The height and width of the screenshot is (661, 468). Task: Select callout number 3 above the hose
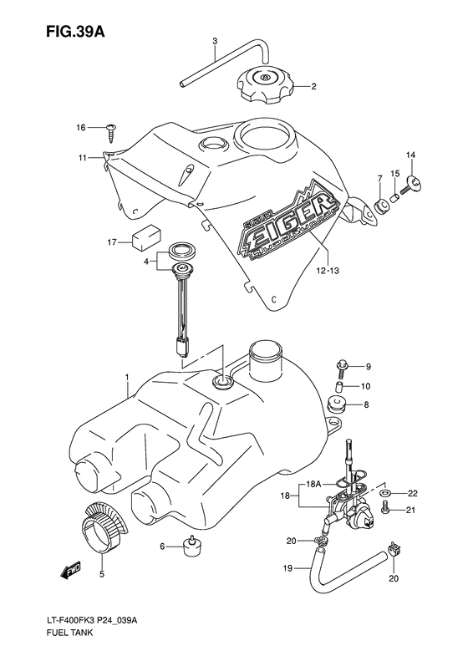coord(214,41)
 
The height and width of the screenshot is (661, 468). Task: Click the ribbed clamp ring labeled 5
coord(104,531)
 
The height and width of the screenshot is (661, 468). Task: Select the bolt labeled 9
coord(343,365)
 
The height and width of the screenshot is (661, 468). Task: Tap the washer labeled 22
coord(386,495)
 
